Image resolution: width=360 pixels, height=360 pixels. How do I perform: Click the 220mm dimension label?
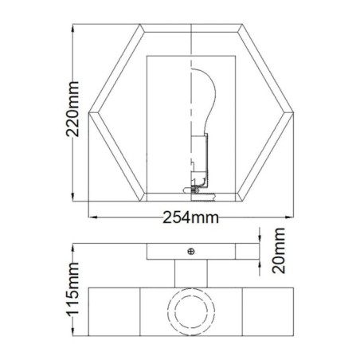74,113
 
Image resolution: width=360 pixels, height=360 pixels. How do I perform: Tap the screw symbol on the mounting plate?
190,252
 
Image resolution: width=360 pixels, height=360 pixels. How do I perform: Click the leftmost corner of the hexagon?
88,112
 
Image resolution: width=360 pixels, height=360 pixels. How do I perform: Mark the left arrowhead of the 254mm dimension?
90,216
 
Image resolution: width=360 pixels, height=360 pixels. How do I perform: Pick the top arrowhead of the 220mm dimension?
74,27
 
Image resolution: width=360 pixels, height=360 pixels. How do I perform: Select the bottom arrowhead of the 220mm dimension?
74,199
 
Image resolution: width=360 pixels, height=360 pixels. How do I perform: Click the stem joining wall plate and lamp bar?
191,273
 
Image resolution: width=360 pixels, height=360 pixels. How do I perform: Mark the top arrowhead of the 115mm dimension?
74,245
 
